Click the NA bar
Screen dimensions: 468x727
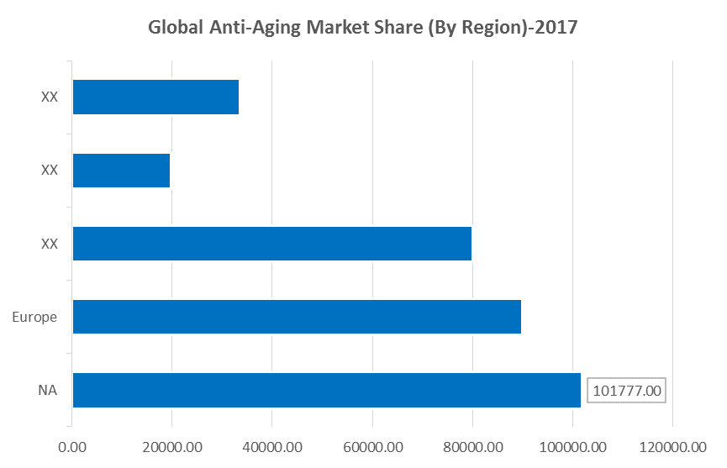(326, 390)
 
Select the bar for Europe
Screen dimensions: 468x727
(297, 317)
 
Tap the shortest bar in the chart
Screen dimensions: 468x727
(121, 171)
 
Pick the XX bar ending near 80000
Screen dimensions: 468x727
(271, 244)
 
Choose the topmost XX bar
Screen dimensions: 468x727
(155, 97)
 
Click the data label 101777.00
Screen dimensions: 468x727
(626, 390)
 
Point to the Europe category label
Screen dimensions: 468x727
(34, 317)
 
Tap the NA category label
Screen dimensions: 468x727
(47, 390)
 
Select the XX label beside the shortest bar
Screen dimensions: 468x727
(49, 171)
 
